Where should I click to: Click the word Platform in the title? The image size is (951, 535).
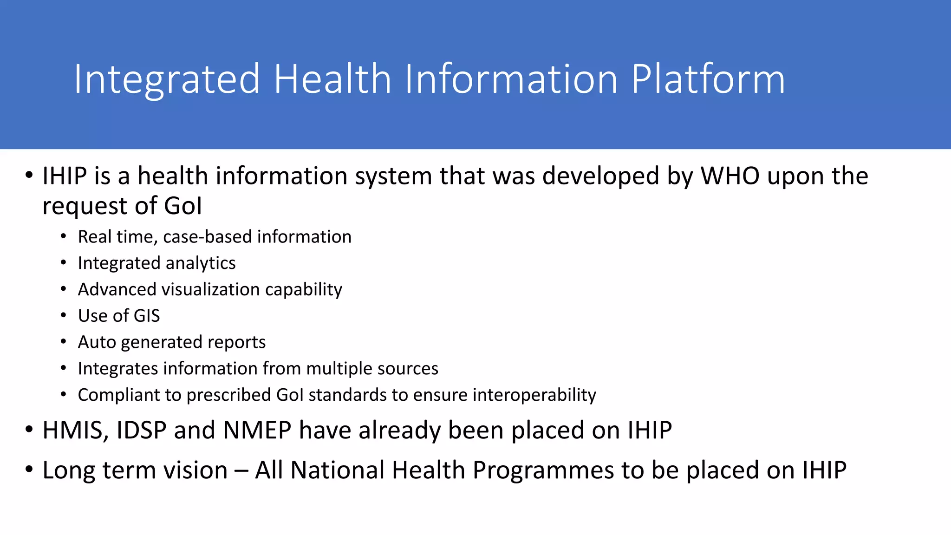point(708,80)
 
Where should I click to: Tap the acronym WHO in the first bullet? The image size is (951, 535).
point(730,176)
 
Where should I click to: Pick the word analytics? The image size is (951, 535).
point(201,263)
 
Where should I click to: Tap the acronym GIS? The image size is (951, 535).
point(146,316)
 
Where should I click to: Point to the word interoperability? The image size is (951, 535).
point(534,395)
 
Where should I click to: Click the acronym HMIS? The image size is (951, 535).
point(72,430)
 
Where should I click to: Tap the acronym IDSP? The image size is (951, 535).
point(141,430)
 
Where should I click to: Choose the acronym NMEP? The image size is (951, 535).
point(257,430)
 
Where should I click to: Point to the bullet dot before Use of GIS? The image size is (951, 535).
point(64,316)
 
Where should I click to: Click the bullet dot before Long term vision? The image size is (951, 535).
point(29,470)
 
